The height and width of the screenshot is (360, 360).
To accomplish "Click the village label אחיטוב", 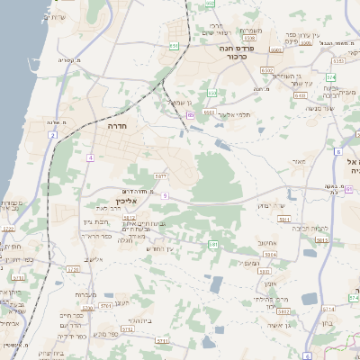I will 267,241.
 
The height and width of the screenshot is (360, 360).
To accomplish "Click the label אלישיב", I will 94,260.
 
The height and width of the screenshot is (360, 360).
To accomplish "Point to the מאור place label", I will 299,163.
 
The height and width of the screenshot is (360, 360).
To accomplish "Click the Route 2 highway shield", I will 53,135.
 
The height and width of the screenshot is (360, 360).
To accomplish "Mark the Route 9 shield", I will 165,194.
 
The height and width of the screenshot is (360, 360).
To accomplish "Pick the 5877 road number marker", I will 160,175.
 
